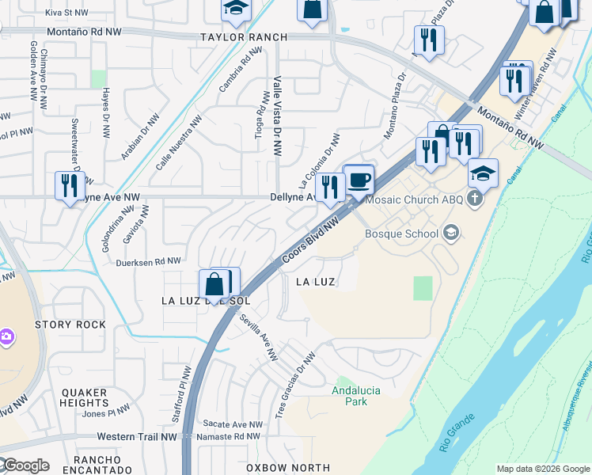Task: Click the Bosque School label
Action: pyautogui.click(x=401, y=234)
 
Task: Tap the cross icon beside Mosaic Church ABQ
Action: pyautogui.click(x=475, y=199)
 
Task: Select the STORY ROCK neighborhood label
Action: pyautogui.click(x=70, y=325)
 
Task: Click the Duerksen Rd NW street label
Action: pyautogui.click(x=148, y=260)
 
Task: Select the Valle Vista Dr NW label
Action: pyautogui.click(x=277, y=112)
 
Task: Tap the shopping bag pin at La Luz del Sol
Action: pyautogui.click(x=215, y=284)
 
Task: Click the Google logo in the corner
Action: pyautogui.click(x=25, y=465)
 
